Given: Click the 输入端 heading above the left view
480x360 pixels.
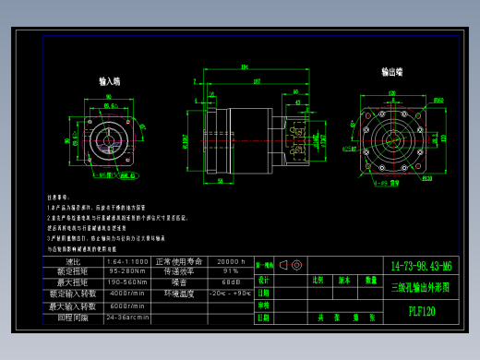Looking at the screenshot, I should [110, 81].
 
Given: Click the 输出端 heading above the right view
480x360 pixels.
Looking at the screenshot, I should [392, 71].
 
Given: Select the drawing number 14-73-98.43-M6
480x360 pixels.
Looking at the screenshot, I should [422, 266].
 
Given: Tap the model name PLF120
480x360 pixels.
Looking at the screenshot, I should [422, 311].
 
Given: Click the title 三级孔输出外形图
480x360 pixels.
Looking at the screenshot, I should [422, 287].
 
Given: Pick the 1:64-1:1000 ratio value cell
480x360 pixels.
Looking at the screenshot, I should [127, 261].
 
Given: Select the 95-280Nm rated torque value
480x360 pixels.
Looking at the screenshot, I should [127, 271].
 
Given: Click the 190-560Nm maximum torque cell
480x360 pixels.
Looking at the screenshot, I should [127, 282].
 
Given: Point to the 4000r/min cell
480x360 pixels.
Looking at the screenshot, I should [127, 294].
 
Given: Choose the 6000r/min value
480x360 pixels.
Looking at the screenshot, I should [127, 306].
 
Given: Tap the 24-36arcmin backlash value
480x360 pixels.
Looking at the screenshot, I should [127, 317].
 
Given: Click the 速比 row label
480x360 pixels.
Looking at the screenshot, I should [73, 261].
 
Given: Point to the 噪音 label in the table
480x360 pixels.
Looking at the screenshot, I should [178, 282].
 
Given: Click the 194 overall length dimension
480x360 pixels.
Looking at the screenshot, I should [245, 67].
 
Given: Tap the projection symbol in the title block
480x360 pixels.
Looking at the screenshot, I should [290, 265].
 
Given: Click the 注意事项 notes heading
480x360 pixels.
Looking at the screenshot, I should [58, 197].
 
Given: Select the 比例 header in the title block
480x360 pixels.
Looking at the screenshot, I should [318, 279].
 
